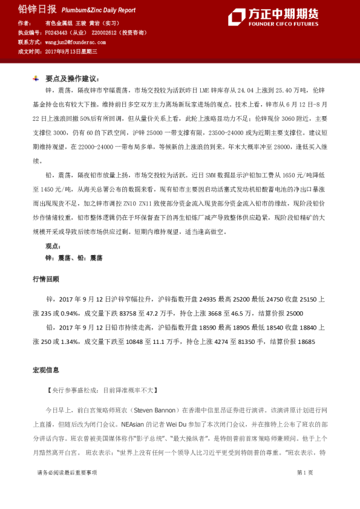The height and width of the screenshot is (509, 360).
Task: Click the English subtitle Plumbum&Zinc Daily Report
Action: tap(97, 11)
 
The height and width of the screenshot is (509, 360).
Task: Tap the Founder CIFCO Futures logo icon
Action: tap(237, 17)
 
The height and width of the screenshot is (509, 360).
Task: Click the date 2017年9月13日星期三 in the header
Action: tap(71, 52)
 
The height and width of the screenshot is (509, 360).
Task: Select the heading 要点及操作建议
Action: tap(70, 79)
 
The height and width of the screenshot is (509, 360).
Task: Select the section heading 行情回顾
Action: tap(45, 279)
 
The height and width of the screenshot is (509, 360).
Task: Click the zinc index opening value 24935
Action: tap(208, 299)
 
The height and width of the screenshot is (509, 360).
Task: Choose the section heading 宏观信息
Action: tap(45, 370)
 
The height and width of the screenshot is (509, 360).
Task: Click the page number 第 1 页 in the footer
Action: tap(304, 473)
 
